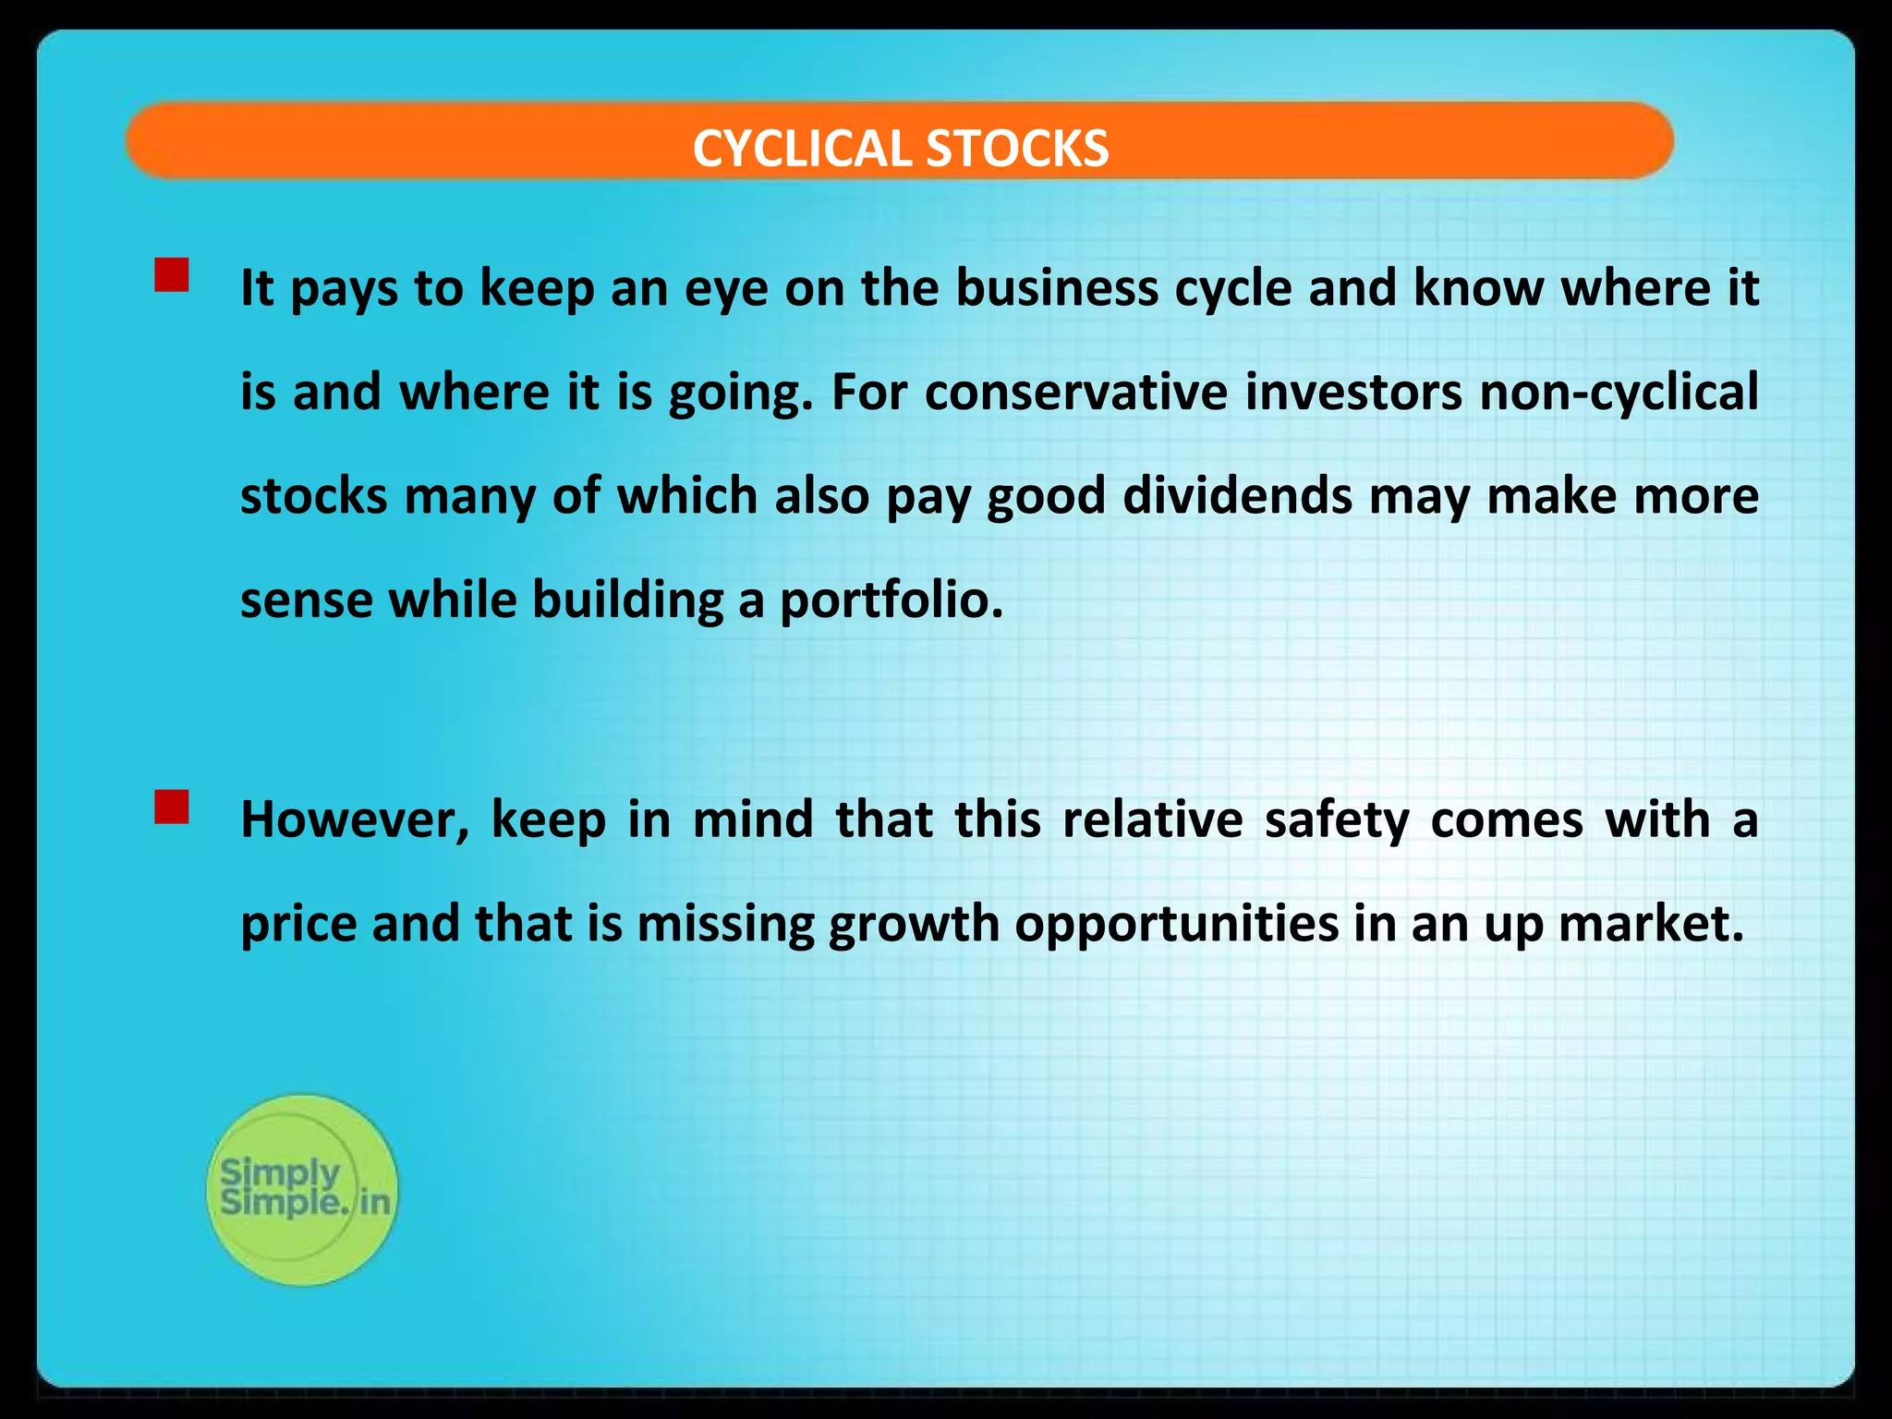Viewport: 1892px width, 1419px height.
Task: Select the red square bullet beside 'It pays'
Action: (x=172, y=275)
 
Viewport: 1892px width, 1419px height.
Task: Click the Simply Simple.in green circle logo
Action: (x=302, y=1190)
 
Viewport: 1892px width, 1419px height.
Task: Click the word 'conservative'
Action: (x=1075, y=393)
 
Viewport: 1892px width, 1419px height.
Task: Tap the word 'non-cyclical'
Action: (x=1619, y=393)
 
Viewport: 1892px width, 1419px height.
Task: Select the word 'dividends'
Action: (x=1237, y=497)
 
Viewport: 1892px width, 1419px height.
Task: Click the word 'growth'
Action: (x=914, y=925)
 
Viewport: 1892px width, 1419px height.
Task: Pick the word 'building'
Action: (x=627, y=601)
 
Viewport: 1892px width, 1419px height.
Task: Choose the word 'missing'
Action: (x=725, y=925)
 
